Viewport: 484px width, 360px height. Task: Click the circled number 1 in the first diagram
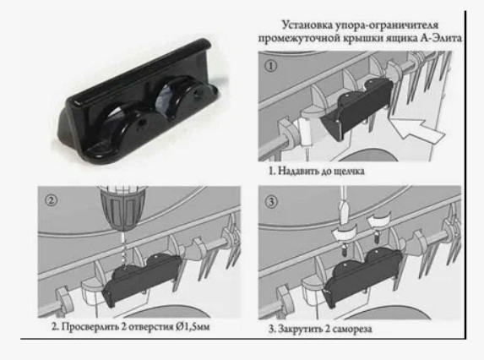pos(271,66)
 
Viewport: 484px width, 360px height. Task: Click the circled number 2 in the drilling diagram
pos(52,200)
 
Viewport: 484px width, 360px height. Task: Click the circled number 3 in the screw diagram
pos(271,202)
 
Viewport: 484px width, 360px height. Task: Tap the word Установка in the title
pos(307,25)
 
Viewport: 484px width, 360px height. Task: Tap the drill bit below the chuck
pos(122,247)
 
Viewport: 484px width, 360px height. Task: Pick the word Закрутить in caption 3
pos(299,329)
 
